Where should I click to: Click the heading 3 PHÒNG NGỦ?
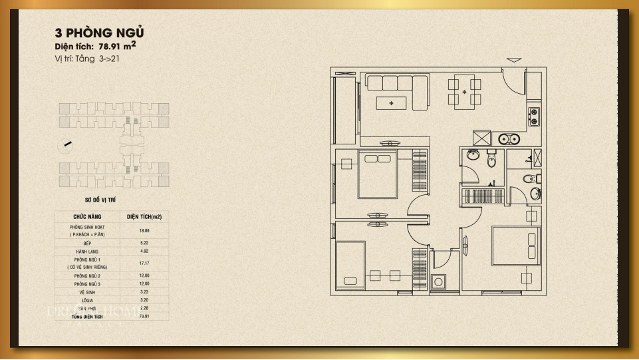pos(100,33)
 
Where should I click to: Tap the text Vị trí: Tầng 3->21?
pos(87,59)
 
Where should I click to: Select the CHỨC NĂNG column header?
pos(87,217)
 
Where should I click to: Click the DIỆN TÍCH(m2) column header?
pos(144,217)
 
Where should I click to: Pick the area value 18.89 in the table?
pos(144,231)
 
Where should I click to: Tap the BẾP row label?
pos(87,244)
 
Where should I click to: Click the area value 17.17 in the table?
pos(144,264)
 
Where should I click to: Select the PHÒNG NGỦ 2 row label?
pos(87,275)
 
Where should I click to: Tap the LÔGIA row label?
pos(87,300)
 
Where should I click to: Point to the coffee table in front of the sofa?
pos(391,102)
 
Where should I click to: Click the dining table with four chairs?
pos(464,92)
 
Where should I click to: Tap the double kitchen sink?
pos(509,139)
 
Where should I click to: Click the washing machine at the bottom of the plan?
pos(438,282)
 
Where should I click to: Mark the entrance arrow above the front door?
pos(514,60)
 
